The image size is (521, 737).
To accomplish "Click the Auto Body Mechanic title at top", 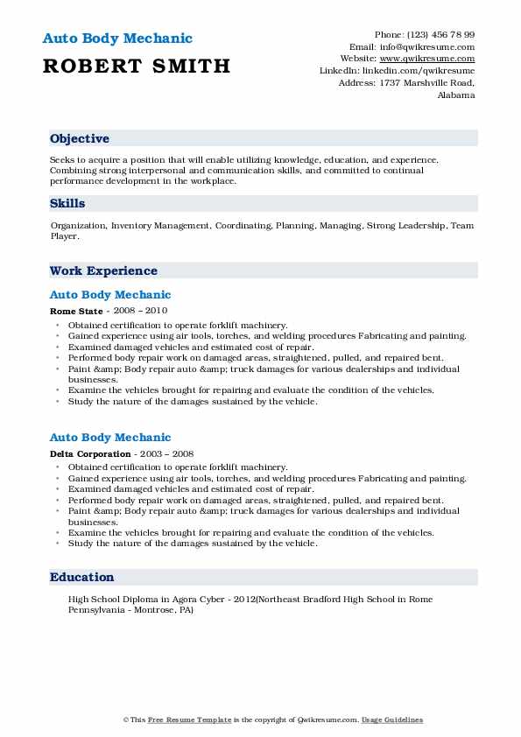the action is [116, 39].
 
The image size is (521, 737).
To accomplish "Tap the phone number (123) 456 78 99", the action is [444, 34].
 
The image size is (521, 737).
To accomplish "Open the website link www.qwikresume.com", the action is [434, 59].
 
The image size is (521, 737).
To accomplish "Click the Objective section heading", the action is [80, 139].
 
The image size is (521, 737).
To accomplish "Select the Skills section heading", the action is [67, 204].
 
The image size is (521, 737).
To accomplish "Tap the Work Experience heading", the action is [103, 271].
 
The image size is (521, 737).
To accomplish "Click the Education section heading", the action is [81, 578].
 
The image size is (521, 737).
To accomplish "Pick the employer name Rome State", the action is [75, 311].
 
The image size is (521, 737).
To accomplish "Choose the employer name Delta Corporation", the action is [91, 453].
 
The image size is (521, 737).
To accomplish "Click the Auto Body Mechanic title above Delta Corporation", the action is [110, 438].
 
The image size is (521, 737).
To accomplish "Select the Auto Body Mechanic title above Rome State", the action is [110, 295].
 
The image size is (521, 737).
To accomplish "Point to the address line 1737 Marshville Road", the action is [426, 83].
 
